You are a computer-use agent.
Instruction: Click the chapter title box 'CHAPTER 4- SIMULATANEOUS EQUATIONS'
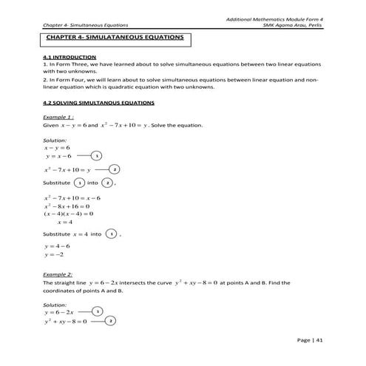114,37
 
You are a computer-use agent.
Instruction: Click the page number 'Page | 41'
308,339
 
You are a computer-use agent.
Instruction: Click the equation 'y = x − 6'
58,157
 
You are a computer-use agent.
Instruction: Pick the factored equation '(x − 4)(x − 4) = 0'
68,213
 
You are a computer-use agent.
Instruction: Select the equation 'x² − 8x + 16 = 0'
67,206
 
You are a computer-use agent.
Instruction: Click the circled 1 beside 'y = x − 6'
97,157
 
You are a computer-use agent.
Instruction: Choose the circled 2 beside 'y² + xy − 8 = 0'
110,322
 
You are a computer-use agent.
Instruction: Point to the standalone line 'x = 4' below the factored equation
65,221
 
